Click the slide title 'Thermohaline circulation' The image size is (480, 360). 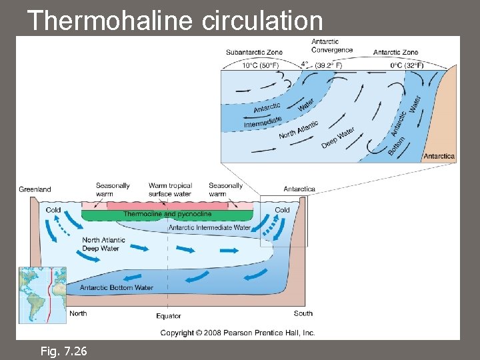(175, 20)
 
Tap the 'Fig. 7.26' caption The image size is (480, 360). (63, 351)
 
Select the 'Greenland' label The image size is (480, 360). (35, 189)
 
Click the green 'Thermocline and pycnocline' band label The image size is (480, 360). (167, 214)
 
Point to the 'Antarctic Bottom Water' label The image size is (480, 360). (116, 287)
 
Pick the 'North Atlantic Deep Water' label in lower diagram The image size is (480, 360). (101, 244)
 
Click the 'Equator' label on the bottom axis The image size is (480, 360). (168, 316)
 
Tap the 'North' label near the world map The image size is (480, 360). (78, 313)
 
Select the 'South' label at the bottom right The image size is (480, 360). (303, 313)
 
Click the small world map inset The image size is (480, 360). (43, 295)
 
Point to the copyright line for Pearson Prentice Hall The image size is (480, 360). (237, 333)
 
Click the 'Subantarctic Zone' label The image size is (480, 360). (254, 53)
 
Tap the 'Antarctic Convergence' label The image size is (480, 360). (331, 46)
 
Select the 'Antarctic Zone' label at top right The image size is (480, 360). (395, 53)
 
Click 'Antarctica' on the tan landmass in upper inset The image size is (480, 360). (439, 157)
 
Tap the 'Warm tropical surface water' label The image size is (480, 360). (170, 190)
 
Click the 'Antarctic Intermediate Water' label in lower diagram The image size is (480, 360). (209, 227)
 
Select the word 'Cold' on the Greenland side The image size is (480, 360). (53, 209)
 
